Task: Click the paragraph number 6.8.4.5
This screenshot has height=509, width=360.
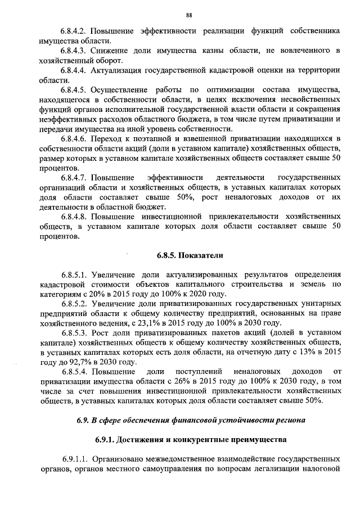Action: coord(75,89)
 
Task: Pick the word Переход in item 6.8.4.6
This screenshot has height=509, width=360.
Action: coord(107,138)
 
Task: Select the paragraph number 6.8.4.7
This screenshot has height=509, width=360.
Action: coord(75,177)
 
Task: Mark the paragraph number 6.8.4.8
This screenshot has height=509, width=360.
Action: coord(75,217)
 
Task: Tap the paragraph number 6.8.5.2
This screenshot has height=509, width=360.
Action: coord(75,304)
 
